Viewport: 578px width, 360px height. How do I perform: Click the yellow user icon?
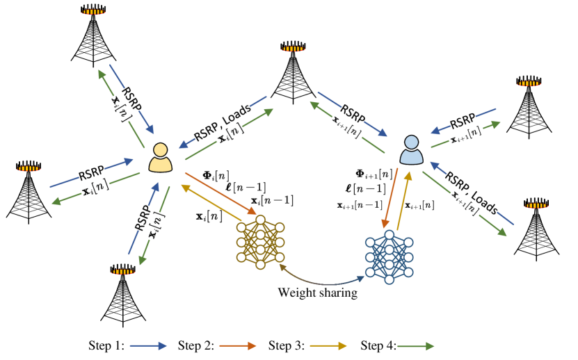[x=160, y=158]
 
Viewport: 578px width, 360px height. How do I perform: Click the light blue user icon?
[x=411, y=151]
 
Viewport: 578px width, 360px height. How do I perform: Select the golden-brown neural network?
[x=260, y=242]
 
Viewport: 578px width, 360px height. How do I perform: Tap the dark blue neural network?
[x=389, y=257]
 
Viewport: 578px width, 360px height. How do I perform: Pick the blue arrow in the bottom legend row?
[x=147, y=345]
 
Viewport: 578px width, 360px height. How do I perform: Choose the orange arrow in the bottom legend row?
[x=238, y=345]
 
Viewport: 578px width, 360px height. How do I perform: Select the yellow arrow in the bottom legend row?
[x=328, y=345]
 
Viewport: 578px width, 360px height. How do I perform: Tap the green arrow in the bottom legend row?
[x=415, y=345]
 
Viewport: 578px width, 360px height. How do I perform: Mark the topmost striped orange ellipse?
[x=93, y=12]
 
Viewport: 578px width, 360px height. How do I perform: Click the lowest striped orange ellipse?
[x=123, y=272]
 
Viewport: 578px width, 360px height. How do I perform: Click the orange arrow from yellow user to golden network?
[x=220, y=193]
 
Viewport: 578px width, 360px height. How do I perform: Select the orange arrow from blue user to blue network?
[x=390, y=197]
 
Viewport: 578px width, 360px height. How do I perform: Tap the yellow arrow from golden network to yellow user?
[x=211, y=203]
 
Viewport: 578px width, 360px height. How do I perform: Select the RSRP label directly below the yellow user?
[x=143, y=218]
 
